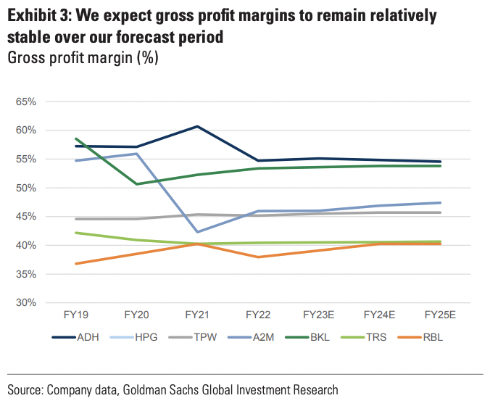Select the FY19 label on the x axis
75,315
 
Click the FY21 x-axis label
197,315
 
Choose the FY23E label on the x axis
318,315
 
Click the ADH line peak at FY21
197,127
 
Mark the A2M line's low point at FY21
197,232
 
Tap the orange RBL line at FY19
75,263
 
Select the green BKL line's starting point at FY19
75,138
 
